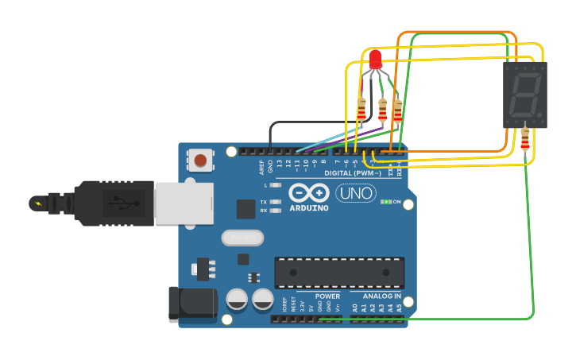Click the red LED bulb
tap(375, 59)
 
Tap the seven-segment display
tap(524, 95)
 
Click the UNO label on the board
tap(356, 193)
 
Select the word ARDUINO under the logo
tap(309, 208)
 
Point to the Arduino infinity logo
tap(309, 193)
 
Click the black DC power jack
tap(191, 304)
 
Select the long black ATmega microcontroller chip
tap(339, 273)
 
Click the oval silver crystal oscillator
tap(242, 238)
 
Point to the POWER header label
tap(327, 296)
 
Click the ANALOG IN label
tap(376, 296)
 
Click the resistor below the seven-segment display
tap(524, 139)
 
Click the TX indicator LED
tap(276, 202)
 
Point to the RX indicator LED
tap(276, 211)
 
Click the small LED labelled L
tap(276, 185)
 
